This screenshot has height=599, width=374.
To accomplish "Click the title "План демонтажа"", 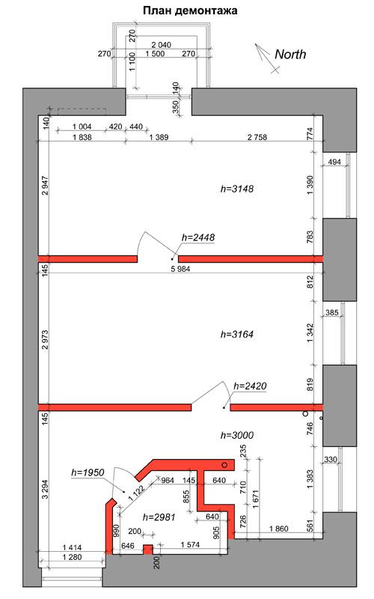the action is coord(190,10).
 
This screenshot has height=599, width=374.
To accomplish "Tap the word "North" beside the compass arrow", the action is coord(290,54).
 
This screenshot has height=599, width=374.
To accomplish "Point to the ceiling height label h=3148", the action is coord(237,189).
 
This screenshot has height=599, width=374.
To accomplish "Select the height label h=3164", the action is coord(237,334).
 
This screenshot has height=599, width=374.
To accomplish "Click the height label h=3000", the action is coord(237,435).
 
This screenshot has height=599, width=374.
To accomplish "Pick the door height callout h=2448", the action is coord(198,237).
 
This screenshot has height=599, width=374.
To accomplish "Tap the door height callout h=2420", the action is coord(250,386).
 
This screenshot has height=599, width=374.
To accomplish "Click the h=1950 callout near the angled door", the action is coord(88,472).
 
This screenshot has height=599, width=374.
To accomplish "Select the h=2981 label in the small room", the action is coord(159,517).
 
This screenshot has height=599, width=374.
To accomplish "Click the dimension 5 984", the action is coord(180,269).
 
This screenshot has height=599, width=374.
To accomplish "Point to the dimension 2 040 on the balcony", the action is coord(161,45).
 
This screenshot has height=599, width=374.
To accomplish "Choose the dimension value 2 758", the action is coord(257,137).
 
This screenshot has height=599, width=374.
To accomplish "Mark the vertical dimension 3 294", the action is coord(45,490).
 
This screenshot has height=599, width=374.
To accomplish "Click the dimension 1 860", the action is coord(279,529).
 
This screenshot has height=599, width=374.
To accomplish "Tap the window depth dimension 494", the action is coord(334,162).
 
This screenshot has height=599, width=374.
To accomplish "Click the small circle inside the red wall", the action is coord(225,465).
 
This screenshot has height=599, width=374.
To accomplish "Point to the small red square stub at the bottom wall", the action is coord(147,549).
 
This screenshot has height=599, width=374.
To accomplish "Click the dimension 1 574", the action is coord(190,544).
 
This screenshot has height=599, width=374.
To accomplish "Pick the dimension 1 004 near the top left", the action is coord(82,127).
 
